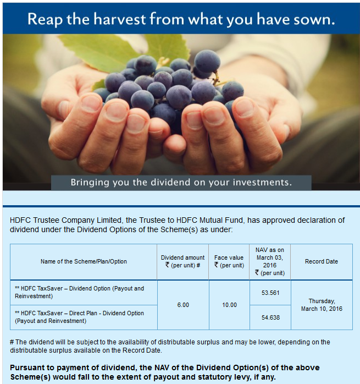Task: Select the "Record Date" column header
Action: click(322, 261)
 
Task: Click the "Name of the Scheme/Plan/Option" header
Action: click(84, 261)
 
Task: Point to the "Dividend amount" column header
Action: click(182, 257)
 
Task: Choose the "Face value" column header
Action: click(229, 257)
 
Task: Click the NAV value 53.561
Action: click(270, 293)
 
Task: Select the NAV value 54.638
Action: click(270, 317)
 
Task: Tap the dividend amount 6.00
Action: click(183, 305)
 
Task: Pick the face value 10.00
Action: click(229, 305)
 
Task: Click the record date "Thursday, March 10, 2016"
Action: click(322, 305)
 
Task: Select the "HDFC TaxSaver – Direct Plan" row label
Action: click(79, 317)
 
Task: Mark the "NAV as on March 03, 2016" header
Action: click(270, 261)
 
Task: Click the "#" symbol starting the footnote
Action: click(12, 342)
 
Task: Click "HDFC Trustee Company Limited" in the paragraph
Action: click(65, 220)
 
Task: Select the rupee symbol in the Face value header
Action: click(217, 265)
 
